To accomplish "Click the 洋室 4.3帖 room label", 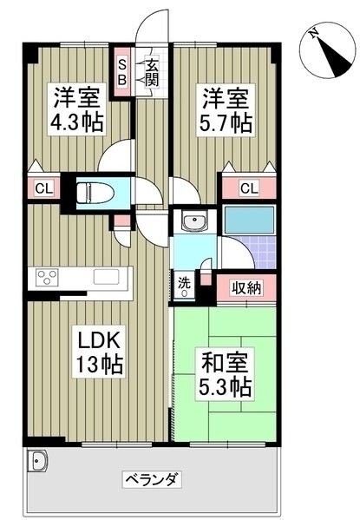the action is [x=76, y=109].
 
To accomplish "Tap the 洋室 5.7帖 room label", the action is [x=226, y=109].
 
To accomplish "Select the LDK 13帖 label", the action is [x=99, y=352].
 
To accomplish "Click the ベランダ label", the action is [x=152, y=479].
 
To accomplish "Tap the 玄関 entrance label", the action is [x=151, y=73].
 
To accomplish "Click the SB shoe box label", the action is [x=122, y=72].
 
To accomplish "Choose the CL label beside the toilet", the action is [x=44, y=189].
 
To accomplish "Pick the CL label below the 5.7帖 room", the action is [x=249, y=188].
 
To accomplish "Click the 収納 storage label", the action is [x=246, y=287].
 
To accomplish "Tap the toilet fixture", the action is [x=95, y=193].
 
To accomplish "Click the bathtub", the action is [x=249, y=221].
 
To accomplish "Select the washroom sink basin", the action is [x=194, y=221].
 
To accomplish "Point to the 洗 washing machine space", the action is [x=184, y=286].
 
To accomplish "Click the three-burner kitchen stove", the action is [x=48, y=277].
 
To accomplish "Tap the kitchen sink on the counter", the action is [x=106, y=277].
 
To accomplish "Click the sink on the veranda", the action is [x=38, y=461].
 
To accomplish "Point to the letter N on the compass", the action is [x=314, y=34].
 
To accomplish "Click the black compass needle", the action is [x=334, y=56].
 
